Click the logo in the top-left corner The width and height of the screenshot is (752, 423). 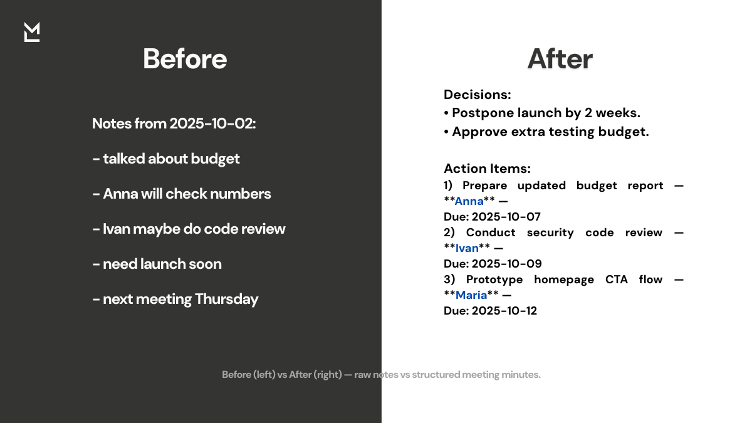coord(32,32)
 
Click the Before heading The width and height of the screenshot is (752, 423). coord(185,59)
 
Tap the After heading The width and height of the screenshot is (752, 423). coord(560,59)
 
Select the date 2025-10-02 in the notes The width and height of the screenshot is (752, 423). coord(212,123)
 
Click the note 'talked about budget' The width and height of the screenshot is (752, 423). coord(166,159)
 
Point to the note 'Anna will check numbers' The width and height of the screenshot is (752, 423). coord(182,194)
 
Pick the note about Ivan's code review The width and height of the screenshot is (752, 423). coord(189,229)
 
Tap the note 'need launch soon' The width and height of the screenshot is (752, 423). coord(157,264)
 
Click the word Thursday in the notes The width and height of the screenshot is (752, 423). coord(226,299)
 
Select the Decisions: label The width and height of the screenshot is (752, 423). coord(478,95)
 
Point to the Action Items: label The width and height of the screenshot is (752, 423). coord(487,168)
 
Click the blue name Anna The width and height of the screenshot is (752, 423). coord(469,201)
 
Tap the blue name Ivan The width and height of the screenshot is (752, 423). coord(467,248)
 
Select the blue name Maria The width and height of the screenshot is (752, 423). coord(471,295)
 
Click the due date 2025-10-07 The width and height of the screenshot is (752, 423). coord(506,217)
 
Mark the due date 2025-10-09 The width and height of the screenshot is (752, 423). coord(506,264)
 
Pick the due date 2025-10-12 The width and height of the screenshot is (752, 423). coord(504,311)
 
